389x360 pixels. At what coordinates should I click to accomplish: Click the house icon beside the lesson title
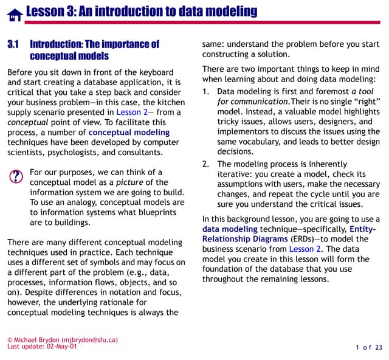point(15,14)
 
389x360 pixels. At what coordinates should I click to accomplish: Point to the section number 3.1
point(14,44)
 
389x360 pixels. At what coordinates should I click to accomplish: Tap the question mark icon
point(16,176)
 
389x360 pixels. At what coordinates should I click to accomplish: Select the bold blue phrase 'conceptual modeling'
point(129,132)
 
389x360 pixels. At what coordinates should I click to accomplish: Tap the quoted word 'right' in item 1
point(364,102)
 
